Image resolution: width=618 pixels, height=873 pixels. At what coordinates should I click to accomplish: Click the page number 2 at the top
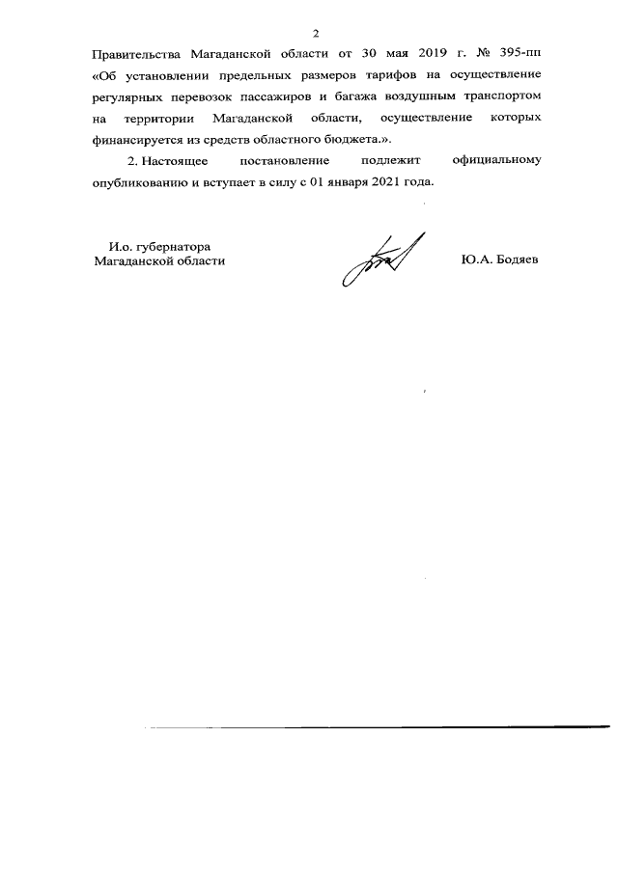coord(315,33)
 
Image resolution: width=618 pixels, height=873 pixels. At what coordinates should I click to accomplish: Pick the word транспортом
coord(504,97)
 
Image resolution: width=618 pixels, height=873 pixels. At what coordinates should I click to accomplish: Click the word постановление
coord(286,160)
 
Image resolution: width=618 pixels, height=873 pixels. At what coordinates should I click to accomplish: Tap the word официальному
coord(493,160)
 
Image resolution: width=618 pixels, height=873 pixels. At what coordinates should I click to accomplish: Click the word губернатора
coord(174,245)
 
